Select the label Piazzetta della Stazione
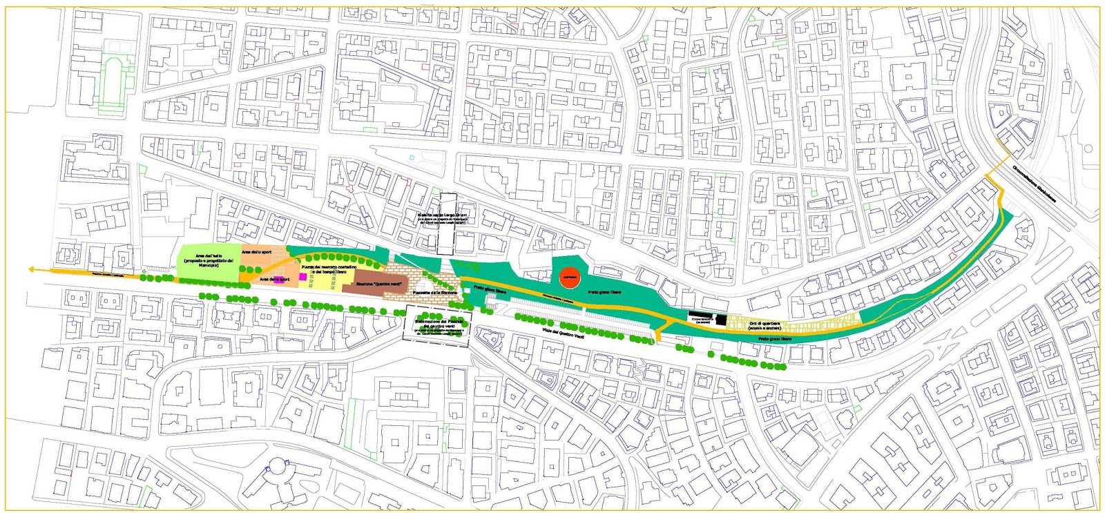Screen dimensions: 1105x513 click(434, 293)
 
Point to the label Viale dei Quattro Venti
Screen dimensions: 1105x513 click(564, 333)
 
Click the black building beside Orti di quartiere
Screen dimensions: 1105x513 click(721, 320)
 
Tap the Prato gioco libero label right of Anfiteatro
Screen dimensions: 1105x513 click(604, 293)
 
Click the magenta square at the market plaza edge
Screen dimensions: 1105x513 click(302, 277)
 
